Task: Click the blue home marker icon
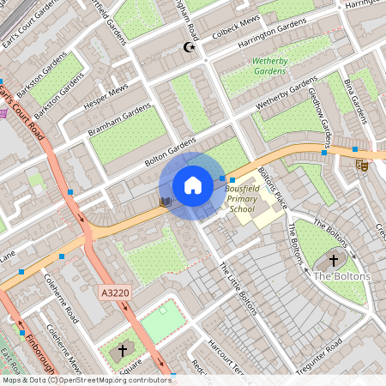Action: tap(193, 184)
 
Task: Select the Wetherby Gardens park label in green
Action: tap(269, 67)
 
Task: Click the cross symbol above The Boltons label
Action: tap(333, 260)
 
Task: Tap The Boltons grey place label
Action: tap(341, 276)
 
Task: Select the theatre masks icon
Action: tap(361, 164)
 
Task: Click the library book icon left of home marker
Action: tap(166, 202)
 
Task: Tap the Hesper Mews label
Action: tap(105, 98)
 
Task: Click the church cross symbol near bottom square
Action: tap(122, 351)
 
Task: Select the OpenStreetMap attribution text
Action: tap(86, 379)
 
